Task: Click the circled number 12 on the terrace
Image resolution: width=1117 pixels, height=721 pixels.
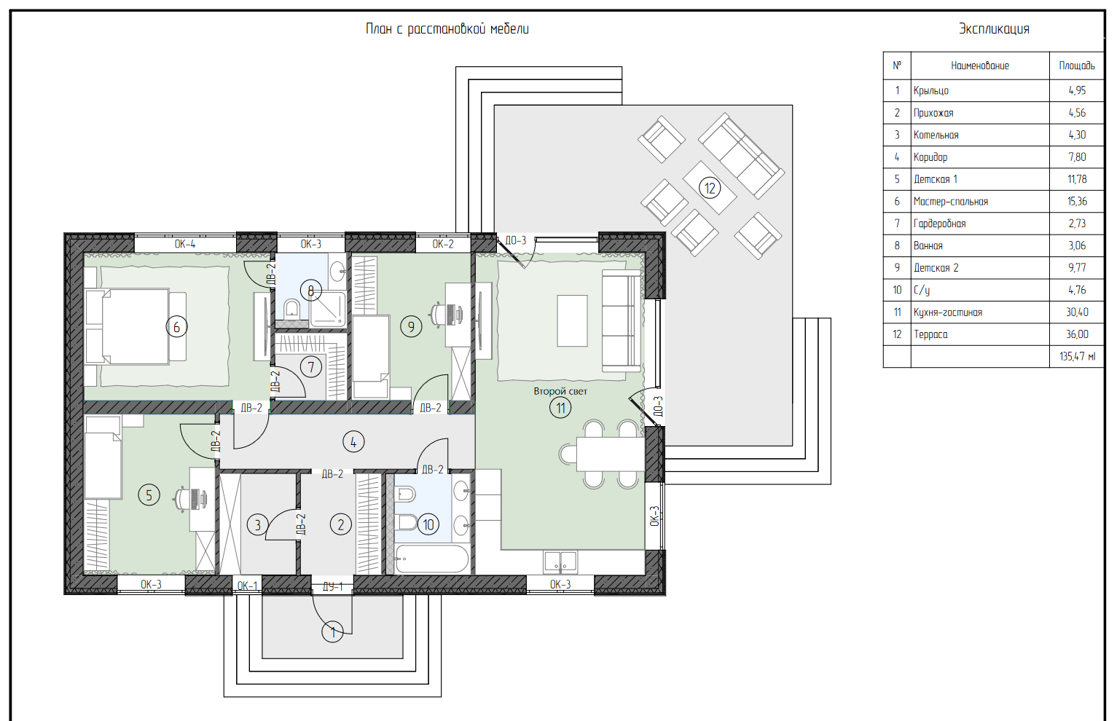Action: point(710,188)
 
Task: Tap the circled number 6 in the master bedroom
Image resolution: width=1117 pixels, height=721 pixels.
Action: point(176,327)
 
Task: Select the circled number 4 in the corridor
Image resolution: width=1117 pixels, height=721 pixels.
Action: point(353,441)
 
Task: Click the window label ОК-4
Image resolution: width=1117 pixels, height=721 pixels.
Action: point(185,244)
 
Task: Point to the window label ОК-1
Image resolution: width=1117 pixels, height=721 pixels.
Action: point(247,586)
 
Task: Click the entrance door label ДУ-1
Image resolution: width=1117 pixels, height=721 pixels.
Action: point(333,586)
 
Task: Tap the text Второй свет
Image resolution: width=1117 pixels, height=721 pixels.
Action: point(560,391)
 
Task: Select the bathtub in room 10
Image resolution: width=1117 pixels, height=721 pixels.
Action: point(431,559)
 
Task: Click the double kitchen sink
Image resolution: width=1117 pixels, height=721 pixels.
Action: point(560,562)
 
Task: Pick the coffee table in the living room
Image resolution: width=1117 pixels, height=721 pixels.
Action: point(572,320)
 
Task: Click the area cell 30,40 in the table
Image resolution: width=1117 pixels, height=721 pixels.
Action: point(1077,312)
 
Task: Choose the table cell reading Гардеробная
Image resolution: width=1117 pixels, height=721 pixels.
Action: point(939,224)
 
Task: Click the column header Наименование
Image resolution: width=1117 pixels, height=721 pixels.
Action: point(979,66)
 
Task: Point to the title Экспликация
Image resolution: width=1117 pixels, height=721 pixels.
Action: point(994,29)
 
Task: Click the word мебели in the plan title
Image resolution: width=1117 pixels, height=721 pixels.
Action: point(509,29)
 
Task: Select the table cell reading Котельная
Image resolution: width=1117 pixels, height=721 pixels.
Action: point(936,135)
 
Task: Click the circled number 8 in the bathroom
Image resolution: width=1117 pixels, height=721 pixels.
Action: point(310,291)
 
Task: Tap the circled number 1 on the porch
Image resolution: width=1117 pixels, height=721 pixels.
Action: point(333,632)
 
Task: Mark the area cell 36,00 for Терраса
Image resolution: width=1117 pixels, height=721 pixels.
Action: point(1077,334)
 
